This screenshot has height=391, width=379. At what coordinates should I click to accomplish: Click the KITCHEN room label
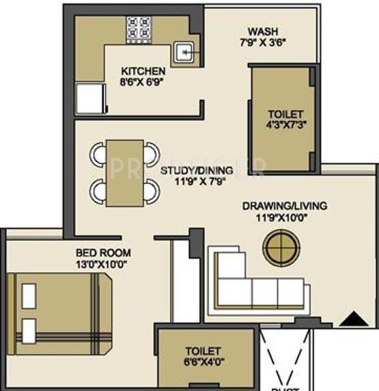[x=143, y=70]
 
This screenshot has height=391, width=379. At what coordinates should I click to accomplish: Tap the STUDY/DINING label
[x=197, y=170]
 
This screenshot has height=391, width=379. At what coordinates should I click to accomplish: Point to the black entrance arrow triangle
[x=350, y=317]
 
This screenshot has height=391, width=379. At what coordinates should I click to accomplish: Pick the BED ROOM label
[x=104, y=252]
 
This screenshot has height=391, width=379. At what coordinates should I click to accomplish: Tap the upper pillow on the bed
[x=29, y=296]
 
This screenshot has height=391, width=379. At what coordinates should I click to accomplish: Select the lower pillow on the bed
[x=29, y=331]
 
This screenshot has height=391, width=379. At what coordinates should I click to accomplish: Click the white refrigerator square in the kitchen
[x=89, y=98]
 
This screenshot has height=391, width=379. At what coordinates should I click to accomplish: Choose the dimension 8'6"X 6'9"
[x=143, y=82]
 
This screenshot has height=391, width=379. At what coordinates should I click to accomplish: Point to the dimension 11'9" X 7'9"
[x=197, y=182]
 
